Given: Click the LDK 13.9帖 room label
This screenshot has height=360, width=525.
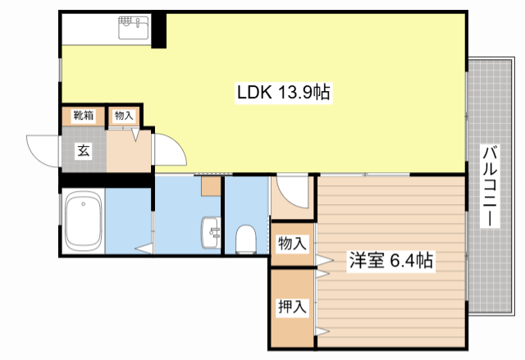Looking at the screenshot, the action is coord(283,93).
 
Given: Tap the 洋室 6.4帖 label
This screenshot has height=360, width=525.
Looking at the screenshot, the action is coord(390,260).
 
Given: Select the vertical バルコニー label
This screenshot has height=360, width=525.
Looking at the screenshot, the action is coord(490,186).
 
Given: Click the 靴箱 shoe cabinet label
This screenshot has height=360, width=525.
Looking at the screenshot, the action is coord(84,116).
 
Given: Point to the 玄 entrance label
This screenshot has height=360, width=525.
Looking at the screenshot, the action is coord(84,151).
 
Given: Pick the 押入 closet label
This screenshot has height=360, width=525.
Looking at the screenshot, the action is coord(292,307).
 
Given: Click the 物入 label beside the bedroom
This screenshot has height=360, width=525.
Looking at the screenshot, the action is coord(292,244).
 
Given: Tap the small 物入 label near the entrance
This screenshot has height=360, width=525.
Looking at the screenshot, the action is coord(124,116).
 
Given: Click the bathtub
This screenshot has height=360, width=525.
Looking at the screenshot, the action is coord(84,221).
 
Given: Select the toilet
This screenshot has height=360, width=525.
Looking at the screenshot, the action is coord(246,239).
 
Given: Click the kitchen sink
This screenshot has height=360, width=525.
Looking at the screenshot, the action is coord(134,27).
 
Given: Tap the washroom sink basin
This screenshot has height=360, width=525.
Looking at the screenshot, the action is coord(211,233).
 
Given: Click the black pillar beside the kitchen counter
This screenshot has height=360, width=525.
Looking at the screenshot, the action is coord(158,31).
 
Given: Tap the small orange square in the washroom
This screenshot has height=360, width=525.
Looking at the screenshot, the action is coord(211,186).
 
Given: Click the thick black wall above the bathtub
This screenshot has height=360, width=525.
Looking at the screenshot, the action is coord(107,180).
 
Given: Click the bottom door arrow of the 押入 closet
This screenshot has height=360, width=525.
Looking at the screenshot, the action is coord(322,331).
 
